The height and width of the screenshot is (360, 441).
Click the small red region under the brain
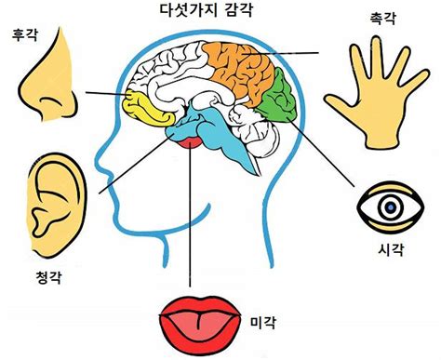190,140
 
